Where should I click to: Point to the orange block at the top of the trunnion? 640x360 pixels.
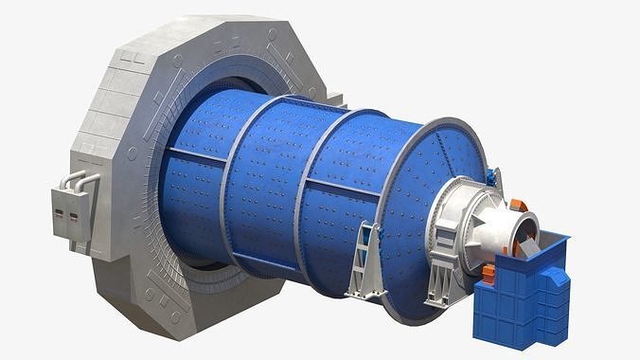[518, 205]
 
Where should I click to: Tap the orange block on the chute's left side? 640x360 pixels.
[489, 274]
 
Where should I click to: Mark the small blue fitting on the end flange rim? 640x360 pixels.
[492, 176]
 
